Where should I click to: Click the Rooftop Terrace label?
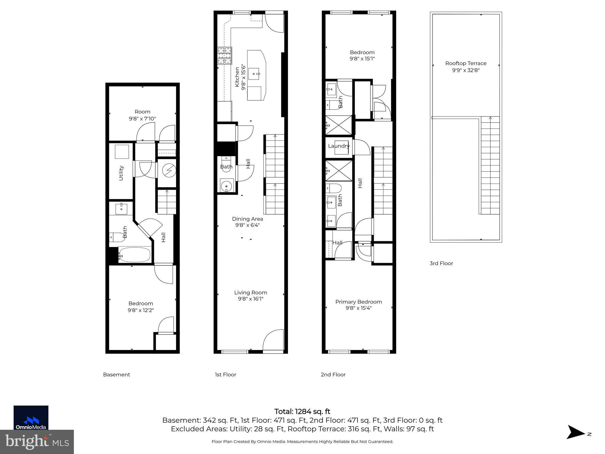coord(466,63)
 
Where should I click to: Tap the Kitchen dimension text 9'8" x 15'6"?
coord(243,77)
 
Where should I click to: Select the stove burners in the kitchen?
coord(225,56)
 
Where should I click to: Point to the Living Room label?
coord(251,292)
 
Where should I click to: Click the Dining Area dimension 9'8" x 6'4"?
coord(247,225)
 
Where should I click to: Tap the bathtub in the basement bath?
coord(135,254)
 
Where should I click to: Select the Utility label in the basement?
coord(121,173)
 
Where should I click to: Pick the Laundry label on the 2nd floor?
coord(339,146)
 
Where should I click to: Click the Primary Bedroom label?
coord(358,301)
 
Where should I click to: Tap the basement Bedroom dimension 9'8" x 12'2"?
coord(141,310)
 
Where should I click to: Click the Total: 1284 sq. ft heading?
coord(302,411)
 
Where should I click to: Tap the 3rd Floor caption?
coord(441,263)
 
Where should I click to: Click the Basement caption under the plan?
coord(116,374)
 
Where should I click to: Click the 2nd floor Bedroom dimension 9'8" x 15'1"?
coord(362,59)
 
